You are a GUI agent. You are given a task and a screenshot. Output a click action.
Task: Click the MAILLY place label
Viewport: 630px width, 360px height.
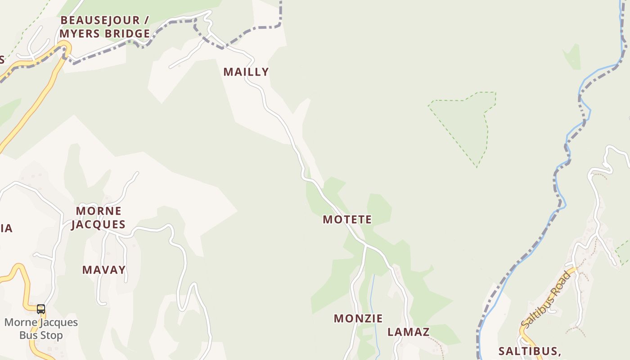pos(246,72)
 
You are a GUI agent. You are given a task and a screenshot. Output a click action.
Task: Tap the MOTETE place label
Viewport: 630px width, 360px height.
pos(347,220)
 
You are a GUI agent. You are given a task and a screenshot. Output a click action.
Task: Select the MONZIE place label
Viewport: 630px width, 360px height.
pos(358,319)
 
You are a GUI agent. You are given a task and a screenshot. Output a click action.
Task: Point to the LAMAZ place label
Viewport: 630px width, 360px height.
pos(409,332)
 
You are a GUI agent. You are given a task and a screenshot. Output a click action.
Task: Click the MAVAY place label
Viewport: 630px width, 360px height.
pos(104,270)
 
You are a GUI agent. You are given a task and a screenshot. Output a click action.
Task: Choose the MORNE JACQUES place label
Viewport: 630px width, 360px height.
pos(98,218)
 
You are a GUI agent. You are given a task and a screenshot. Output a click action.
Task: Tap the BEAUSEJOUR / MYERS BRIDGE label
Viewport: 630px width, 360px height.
pos(105,27)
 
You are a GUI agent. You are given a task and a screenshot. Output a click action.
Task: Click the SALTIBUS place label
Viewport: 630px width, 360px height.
pos(529,351)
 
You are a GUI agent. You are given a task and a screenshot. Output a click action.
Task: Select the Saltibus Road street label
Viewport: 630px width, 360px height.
pos(546,300)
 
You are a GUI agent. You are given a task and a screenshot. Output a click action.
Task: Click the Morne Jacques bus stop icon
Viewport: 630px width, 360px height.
pos(41,309)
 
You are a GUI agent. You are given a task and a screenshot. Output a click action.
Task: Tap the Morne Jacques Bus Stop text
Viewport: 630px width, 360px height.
pos(41,329)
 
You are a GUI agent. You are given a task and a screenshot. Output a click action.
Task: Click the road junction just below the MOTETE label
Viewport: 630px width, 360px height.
pos(366,246)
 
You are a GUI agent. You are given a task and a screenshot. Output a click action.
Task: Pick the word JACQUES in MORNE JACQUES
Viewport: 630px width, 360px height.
pos(98,225)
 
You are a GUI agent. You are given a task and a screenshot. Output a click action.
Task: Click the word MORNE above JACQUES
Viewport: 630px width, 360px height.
pos(99,211)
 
